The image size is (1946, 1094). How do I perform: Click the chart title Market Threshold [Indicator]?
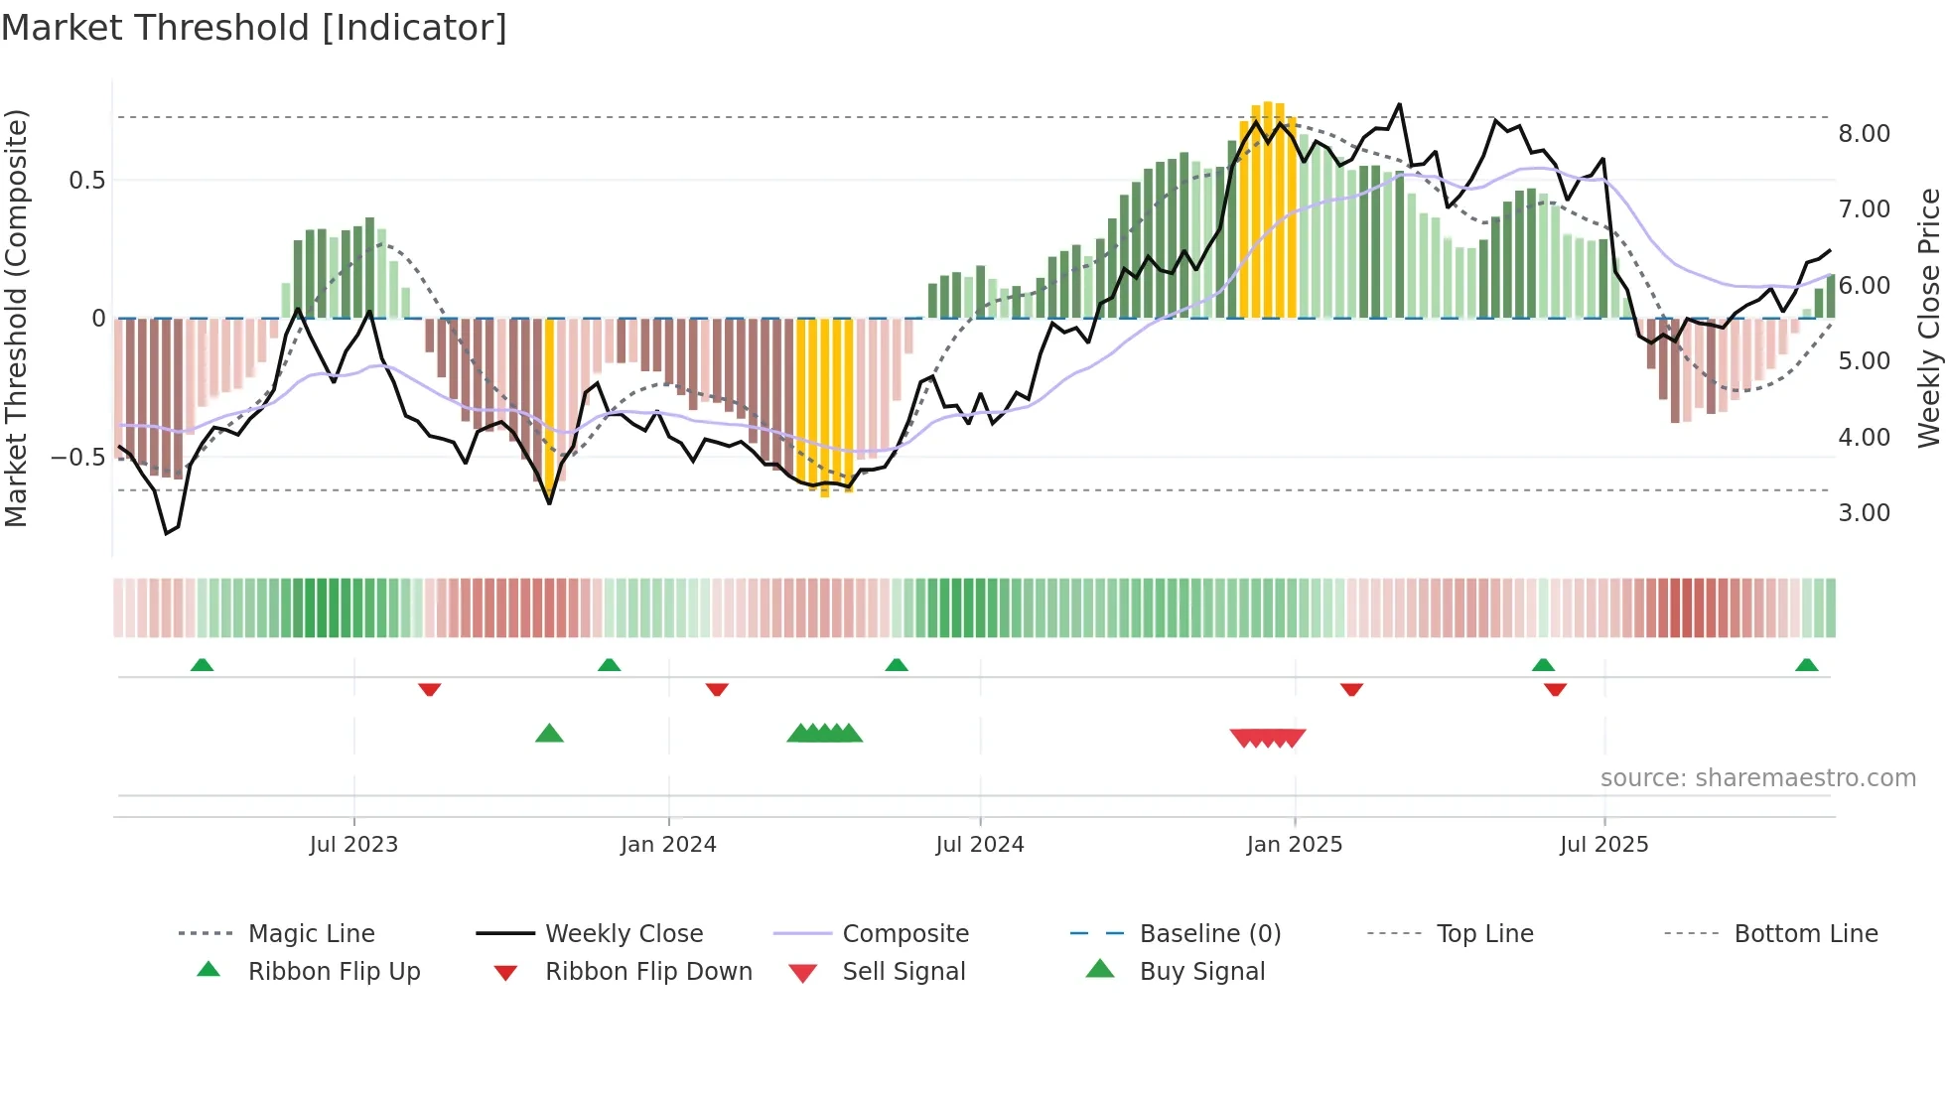pos(254,28)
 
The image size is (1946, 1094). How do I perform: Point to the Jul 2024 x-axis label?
pos(979,844)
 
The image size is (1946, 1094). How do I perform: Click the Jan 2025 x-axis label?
pos(1294,844)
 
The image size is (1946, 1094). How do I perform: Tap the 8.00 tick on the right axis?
pos(1864,133)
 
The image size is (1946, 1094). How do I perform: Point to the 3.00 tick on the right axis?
pos(1864,512)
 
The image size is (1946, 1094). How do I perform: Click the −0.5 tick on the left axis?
pos(77,457)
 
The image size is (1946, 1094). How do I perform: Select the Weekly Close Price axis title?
pos(1928,318)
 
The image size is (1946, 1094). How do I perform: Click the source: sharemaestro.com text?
pos(1757,777)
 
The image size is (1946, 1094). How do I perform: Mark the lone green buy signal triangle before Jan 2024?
pos(549,734)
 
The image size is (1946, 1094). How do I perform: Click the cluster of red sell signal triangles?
pos(1268,738)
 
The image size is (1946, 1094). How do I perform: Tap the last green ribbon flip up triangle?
pos(1806,665)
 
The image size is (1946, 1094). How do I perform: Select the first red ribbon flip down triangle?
pos(429,689)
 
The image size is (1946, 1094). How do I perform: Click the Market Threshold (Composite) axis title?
pos(16,318)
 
